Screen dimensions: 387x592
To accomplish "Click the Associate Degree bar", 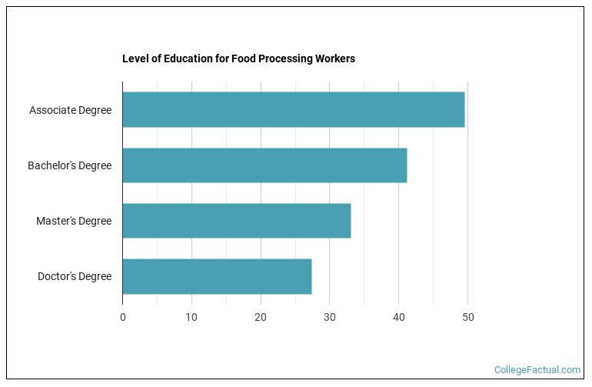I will tap(293, 110).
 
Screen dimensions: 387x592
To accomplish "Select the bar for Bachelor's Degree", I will tap(264, 165).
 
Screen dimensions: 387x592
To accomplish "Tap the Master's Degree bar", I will tap(236, 221).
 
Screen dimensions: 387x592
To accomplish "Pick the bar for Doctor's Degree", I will tap(217, 276).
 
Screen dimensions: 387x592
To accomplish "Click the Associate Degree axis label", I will tap(70, 110).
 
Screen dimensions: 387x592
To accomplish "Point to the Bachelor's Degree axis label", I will tap(69, 165).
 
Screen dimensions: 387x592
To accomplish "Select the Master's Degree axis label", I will tap(74, 221).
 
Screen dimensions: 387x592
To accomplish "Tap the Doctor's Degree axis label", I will tap(75, 276).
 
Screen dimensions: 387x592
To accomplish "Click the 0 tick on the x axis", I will tap(122, 317).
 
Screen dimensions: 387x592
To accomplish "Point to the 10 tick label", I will tap(191, 317).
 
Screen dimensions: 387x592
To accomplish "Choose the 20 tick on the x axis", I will tap(261, 317).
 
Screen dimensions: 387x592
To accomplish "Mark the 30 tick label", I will tap(330, 317).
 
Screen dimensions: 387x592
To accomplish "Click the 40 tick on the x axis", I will tap(398, 317).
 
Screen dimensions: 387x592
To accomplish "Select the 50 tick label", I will tap(467, 317).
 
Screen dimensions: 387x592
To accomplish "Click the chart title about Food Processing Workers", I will tap(238, 58).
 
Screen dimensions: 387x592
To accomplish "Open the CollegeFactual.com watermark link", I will tap(537, 370).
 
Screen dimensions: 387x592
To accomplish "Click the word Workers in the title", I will tap(334, 58).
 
